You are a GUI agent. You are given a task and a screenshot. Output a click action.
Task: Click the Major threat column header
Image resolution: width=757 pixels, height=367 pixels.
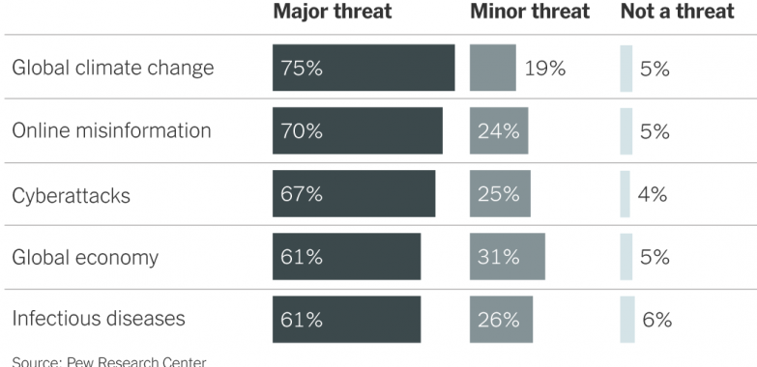click(332, 13)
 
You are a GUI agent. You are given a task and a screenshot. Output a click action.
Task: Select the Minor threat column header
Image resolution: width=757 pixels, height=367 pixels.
click(529, 13)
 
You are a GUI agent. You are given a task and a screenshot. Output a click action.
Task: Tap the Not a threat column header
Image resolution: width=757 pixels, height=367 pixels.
click(677, 13)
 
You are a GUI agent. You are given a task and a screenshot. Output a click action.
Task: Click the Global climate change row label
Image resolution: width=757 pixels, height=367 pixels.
click(112, 69)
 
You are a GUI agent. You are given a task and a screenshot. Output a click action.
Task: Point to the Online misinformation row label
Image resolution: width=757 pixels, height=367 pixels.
click(111, 131)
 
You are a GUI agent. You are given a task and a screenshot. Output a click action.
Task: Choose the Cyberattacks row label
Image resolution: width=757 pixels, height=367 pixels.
click(71, 195)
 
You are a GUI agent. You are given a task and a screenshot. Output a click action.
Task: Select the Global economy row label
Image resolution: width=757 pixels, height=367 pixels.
click(85, 258)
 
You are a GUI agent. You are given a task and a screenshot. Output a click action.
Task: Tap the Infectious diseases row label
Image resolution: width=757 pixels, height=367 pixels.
click(98, 319)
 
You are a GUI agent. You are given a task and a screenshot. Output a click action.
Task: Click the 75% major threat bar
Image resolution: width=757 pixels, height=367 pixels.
click(363, 69)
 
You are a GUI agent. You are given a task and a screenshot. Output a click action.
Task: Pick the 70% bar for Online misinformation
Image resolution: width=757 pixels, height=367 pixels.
click(357, 131)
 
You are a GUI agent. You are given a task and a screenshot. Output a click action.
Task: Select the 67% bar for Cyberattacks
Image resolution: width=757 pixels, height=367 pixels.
click(353, 194)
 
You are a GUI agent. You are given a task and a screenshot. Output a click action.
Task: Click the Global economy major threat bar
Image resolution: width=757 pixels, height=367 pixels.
click(346, 257)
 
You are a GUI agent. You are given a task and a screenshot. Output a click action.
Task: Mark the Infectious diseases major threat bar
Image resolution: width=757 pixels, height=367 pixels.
click(346, 320)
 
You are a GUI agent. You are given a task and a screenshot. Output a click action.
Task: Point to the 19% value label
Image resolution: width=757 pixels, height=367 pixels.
click(545, 69)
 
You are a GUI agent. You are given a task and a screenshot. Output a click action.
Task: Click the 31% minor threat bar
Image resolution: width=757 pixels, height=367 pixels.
click(507, 257)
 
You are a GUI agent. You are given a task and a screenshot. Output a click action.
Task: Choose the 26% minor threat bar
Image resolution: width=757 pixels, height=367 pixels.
click(501, 320)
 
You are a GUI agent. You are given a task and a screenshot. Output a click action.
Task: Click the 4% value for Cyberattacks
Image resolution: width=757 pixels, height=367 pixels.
click(653, 194)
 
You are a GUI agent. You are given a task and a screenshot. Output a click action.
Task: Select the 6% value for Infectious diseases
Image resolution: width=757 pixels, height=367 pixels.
click(656, 320)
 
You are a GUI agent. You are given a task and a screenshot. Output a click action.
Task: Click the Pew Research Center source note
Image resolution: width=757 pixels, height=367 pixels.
click(109, 361)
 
